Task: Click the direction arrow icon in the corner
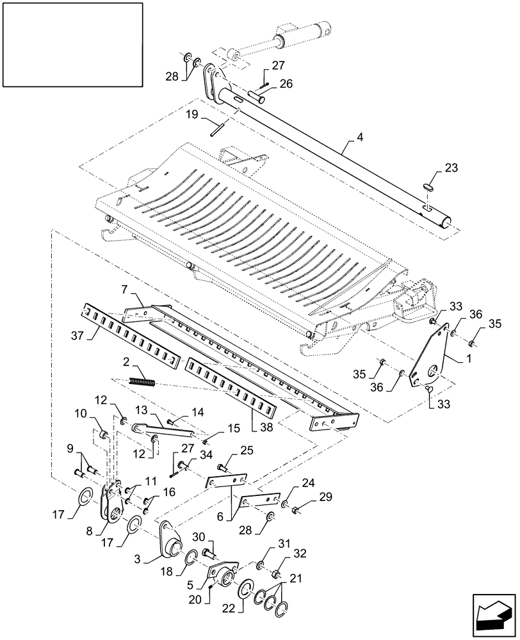pyautogui.click(x=494, y=616)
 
